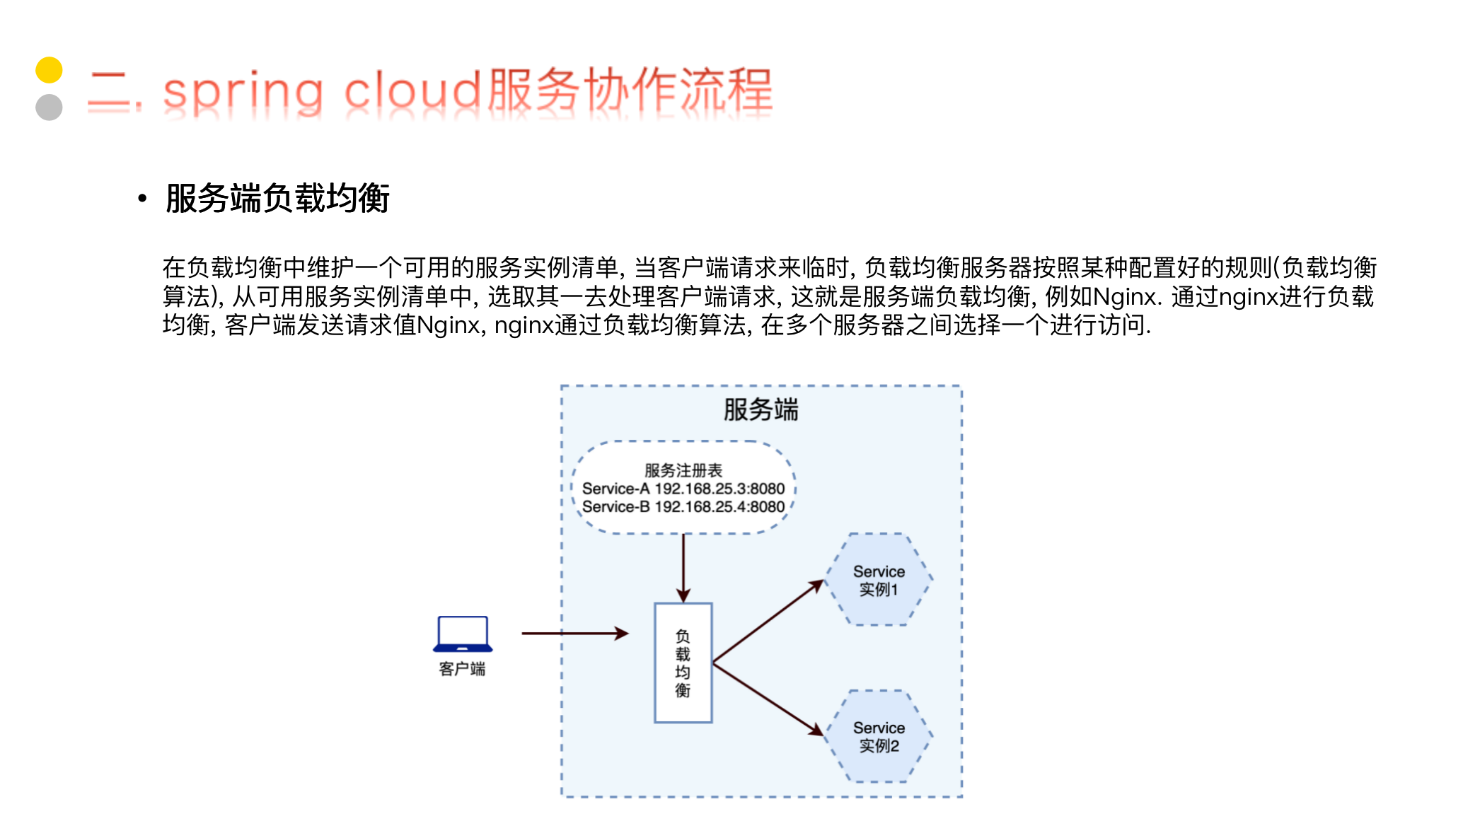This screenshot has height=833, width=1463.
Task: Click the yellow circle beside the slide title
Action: tap(49, 70)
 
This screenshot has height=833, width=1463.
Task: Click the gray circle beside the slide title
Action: tap(49, 107)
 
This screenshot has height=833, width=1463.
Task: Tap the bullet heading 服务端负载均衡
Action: tap(277, 198)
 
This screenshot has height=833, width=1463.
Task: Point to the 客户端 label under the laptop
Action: tap(462, 669)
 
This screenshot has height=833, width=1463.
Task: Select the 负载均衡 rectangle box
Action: tap(683, 663)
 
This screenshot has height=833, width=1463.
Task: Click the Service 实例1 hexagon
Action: tap(879, 580)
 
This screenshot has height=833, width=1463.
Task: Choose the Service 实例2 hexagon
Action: tap(879, 736)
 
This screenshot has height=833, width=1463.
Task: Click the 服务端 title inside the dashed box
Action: tap(761, 410)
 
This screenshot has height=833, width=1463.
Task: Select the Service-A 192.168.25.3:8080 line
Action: tap(683, 489)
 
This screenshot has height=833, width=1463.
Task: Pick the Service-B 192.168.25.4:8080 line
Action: tap(683, 507)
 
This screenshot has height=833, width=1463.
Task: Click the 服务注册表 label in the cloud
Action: tap(683, 470)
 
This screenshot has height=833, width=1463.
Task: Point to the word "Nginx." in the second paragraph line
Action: tap(1127, 297)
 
